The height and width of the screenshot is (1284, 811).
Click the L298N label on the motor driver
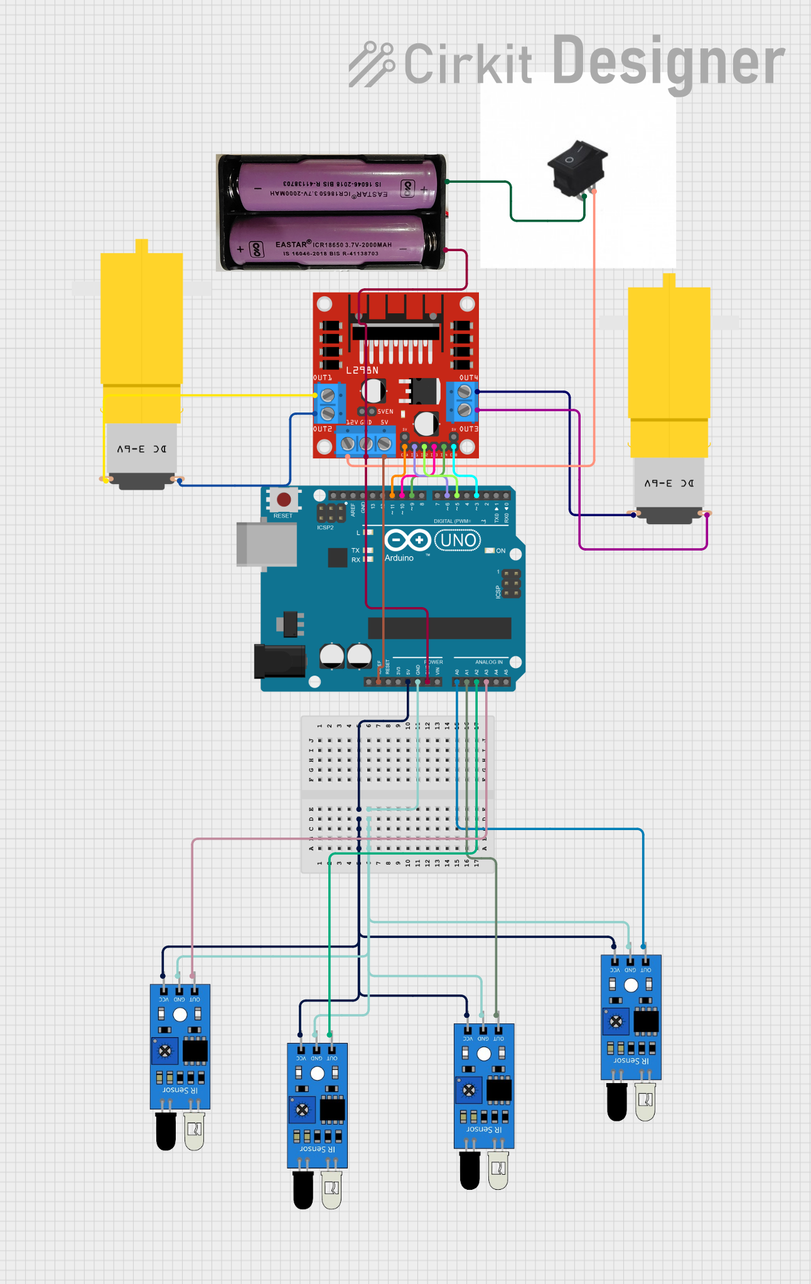pyautogui.click(x=362, y=370)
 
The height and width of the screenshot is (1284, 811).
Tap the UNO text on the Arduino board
pyautogui.click(x=458, y=540)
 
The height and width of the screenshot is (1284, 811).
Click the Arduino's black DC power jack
pyautogui.click(x=279, y=661)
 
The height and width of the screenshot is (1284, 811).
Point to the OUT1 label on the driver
pyautogui.click(x=322, y=378)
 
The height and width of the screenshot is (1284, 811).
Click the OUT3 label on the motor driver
pyautogui.click(x=468, y=429)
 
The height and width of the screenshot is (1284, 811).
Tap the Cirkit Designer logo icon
pyautogui.click(x=371, y=63)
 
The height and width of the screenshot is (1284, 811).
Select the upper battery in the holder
pyautogui.click(x=337, y=186)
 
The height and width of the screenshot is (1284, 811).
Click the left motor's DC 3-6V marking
pyautogui.click(x=142, y=449)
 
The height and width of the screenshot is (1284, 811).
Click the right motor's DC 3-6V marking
pyautogui.click(x=669, y=483)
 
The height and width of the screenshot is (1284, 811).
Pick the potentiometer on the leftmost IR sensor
pyautogui.click(x=165, y=1051)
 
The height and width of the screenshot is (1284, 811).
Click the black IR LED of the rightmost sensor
pyautogui.click(x=616, y=1103)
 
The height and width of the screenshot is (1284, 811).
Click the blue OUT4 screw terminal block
pyautogui.click(x=463, y=401)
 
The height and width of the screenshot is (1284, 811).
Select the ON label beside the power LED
pyautogui.click(x=501, y=551)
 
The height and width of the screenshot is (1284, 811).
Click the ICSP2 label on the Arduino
pyautogui.click(x=325, y=527)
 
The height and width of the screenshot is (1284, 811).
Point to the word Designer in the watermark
pyautogui.click(x=668, y=63)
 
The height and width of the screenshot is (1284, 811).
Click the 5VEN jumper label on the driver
pyautogui.click(x=385, y=412)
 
